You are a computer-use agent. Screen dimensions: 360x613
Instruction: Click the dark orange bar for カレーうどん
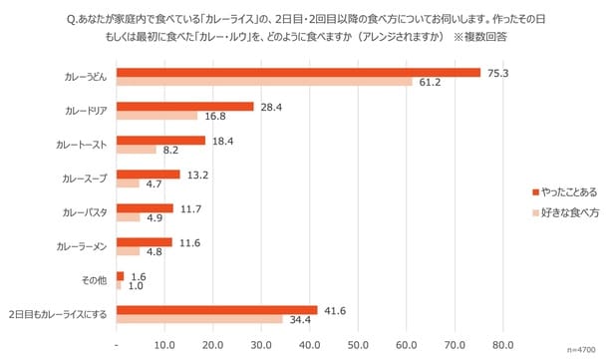[298, 72]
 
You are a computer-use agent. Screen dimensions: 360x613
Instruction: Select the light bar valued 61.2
[264, 82]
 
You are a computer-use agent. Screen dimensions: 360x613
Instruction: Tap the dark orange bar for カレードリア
[184, 106]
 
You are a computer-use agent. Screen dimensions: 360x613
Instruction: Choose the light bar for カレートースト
[137, 150]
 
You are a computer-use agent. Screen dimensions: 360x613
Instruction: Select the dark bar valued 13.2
[149, 175]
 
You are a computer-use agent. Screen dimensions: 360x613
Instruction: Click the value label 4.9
[154, 218]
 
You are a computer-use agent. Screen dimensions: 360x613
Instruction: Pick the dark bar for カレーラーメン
[145, 242]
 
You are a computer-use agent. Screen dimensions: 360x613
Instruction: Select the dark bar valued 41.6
[217, 310]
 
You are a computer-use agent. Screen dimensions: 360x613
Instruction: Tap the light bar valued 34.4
[199, 320]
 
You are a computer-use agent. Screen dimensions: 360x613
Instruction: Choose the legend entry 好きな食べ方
[568, 212]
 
